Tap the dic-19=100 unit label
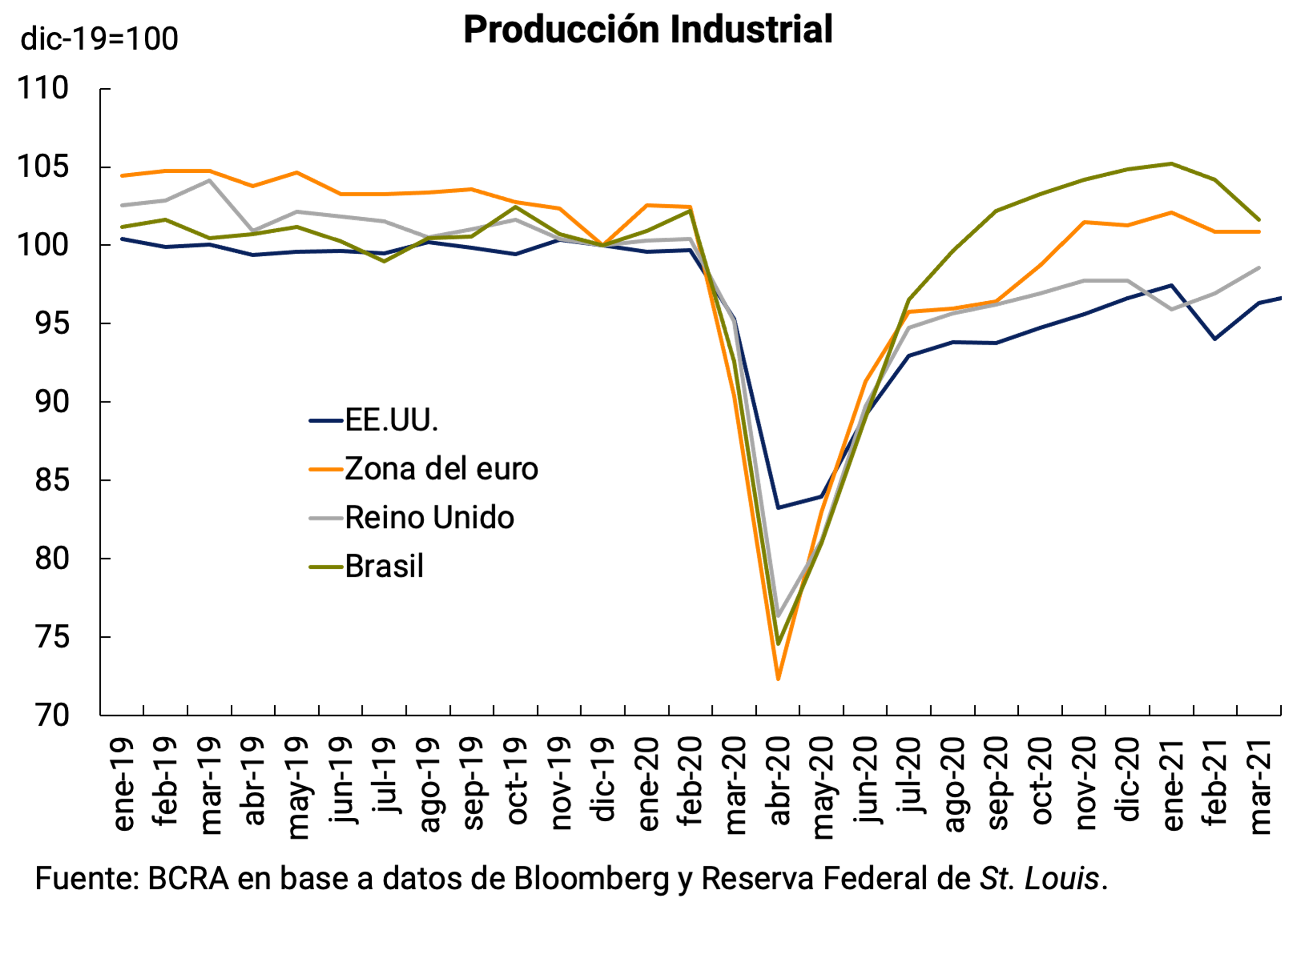(x=99, y=40)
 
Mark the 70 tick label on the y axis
(x=51, y=716)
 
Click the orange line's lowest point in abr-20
(x=778, y=679)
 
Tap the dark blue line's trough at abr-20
(x=778, y=508)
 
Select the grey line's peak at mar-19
(x=209, y=181)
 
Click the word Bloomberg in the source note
(x=591, y=879)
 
